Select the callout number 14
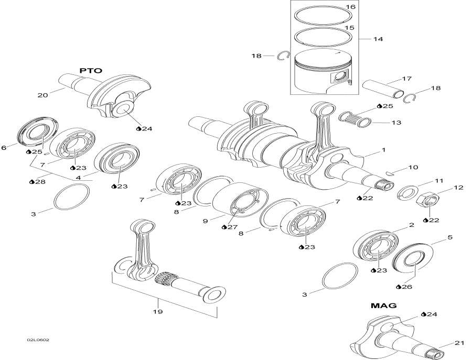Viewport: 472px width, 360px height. point(378,39)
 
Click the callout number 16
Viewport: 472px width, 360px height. point(350,7)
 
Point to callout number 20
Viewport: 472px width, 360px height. point(42,95)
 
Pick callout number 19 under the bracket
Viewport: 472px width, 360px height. point(157,311)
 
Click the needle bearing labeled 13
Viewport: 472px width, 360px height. point(352,119)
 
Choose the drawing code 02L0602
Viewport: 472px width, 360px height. point(38,340)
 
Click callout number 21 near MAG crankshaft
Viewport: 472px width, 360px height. point(459,343)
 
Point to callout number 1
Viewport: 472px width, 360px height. point(383,150)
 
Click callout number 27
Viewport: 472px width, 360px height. point(232,227)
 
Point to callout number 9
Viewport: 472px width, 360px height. point(206,222)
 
